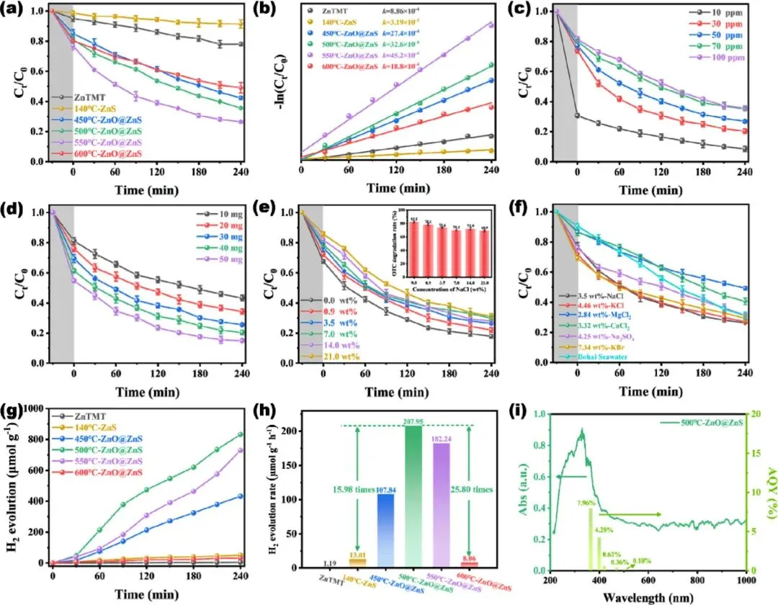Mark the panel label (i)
(536, 415)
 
